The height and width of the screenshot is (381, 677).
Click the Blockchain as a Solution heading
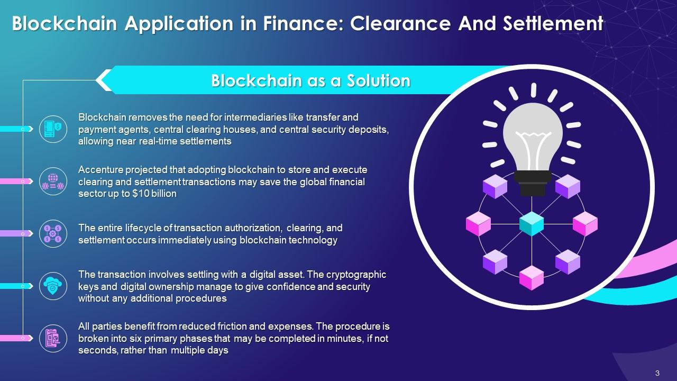(x=310, y=80)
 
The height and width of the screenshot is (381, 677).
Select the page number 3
(x=657, y=373)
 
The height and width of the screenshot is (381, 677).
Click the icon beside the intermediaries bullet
(x=53, y=129)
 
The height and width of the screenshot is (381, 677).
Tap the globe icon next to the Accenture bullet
(x=53, y=181)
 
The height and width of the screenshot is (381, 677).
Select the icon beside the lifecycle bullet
(x=53, y=233)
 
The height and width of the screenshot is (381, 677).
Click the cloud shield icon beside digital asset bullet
(x=53, y=286)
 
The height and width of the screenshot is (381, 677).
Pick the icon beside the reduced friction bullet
(x=53, y=338)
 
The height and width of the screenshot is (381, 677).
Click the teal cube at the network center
(x=532, y=223)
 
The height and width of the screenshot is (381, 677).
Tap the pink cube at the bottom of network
(x=532, y=277)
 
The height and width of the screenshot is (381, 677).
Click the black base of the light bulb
(x=533, y=183)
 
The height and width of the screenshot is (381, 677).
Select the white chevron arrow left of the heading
(x=104, y=80)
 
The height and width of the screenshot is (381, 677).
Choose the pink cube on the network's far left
(x=478, y=223)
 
